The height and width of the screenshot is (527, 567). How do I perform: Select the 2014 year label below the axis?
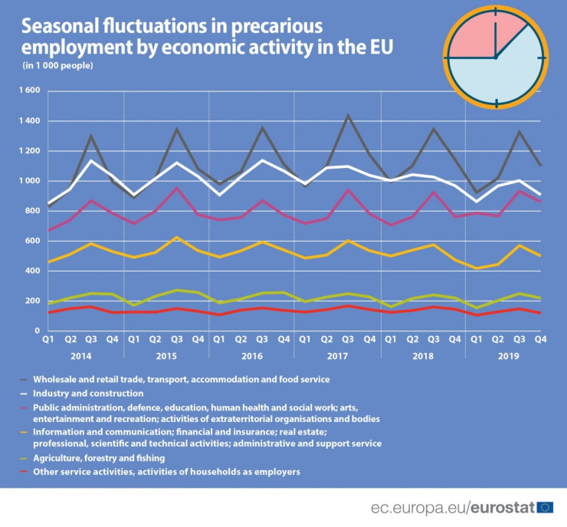pos(80,357)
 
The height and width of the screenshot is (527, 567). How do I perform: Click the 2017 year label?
pos(338,357)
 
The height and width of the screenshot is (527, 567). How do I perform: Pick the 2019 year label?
pos(508,357)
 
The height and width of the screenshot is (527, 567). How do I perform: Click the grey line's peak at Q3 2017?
pos(348,116)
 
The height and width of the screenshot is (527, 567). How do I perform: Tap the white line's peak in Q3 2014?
pos(92,160)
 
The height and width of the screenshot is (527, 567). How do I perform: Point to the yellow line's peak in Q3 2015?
pos(177,237)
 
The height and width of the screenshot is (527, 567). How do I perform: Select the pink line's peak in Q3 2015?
pos(177,188)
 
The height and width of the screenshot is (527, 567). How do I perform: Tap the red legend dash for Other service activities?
pos(25,471)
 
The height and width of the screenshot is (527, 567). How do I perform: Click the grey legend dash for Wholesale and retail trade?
pos(25,379)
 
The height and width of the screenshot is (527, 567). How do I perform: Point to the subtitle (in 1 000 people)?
pos(57,66)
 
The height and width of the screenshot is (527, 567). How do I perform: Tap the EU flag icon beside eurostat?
pos(546,506)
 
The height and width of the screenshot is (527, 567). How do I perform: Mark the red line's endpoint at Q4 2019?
pos(539,313)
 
